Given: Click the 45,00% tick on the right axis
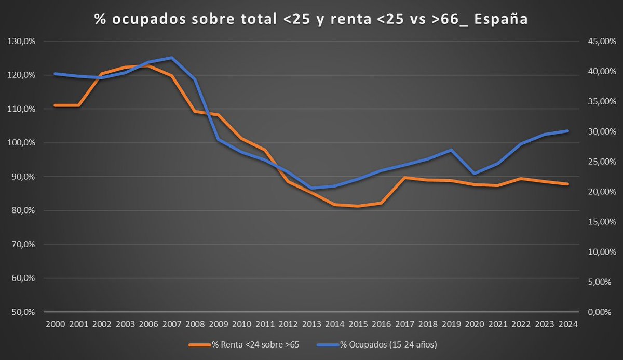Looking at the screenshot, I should [x=596, y=41].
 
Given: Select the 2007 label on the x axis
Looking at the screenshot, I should [x=171, y=324].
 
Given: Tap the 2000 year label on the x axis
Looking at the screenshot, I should [x=55, y=324].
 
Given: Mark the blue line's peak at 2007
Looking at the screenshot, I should [x=171, y=58].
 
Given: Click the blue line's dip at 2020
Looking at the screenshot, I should [x=474, y=174].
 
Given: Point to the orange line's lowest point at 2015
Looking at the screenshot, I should [x=358, y=206].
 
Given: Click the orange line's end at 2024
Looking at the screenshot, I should [x=567, y=184].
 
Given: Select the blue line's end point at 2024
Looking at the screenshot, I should [x=567, y=131].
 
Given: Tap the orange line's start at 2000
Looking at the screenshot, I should [x=55, y=105].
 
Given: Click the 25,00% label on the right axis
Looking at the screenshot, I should [x=596, y=162].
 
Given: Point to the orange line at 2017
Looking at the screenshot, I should [x=404, y=178].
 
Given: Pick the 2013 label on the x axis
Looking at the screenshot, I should [x=311, y=324].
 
